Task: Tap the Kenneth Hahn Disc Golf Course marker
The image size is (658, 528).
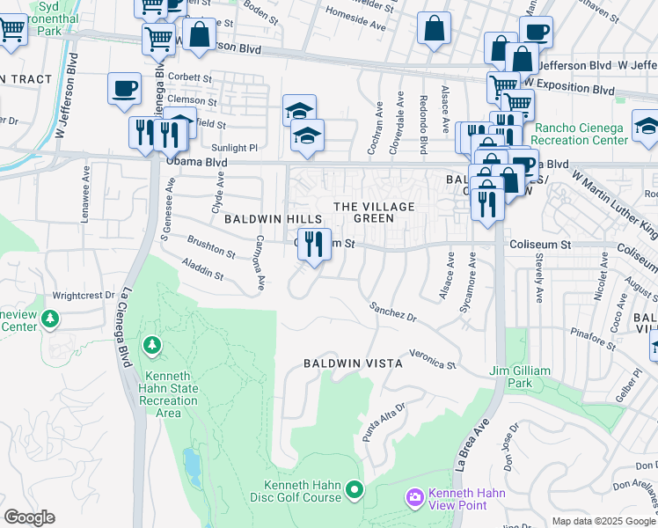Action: click(355, 489)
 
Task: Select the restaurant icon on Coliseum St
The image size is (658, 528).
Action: click(314, 244)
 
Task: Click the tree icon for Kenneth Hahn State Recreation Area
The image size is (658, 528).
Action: click(153, 344)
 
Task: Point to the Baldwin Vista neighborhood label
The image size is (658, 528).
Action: click(353, 363)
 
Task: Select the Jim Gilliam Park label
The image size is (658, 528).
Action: click(511, 378)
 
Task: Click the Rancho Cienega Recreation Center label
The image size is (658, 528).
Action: click(579, 134)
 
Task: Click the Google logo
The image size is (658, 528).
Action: click(29, 517)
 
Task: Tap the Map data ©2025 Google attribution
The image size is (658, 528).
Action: click(603, 521)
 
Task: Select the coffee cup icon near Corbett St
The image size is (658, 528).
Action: click(124, 87)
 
